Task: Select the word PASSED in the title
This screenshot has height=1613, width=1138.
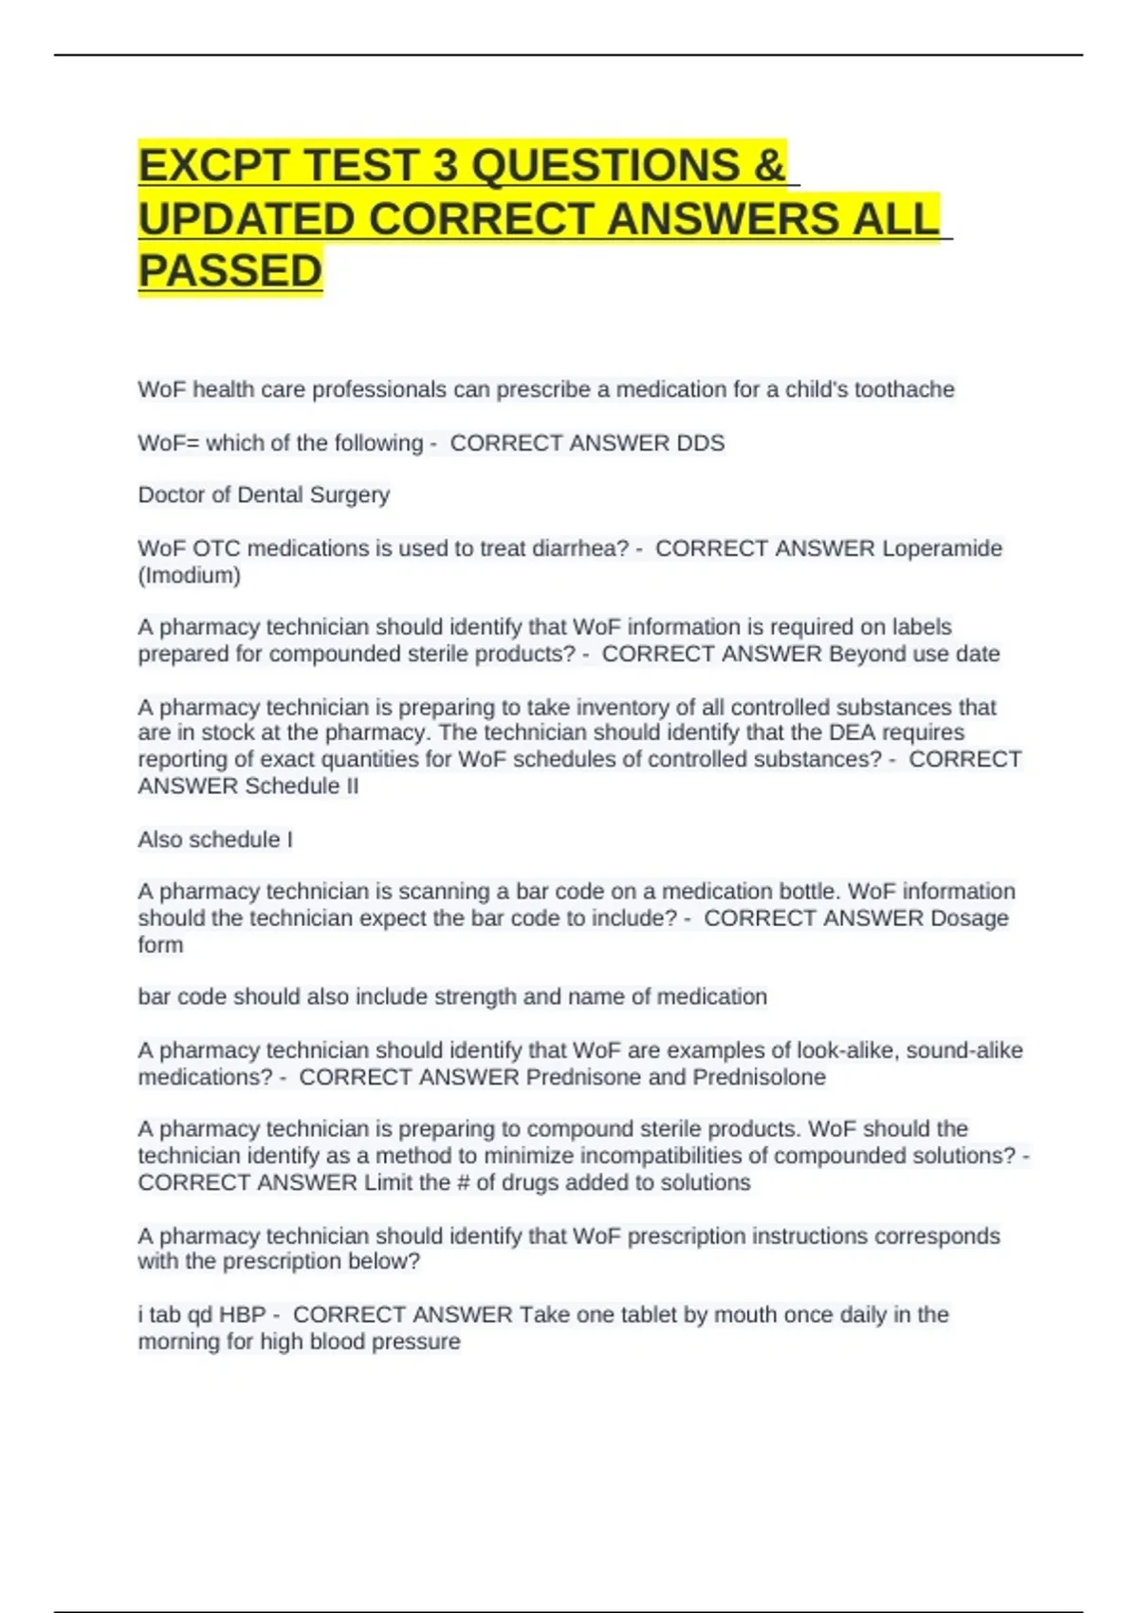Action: pos(230,270)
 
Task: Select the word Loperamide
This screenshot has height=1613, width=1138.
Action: pos(942,548)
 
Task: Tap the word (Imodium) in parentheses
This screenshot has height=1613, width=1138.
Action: pos(190,575)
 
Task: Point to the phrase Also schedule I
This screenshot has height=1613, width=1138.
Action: pos(215,840)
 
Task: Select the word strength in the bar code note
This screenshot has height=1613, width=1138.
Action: pos(475,997)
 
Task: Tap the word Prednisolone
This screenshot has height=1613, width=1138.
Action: pos(759,1077)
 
